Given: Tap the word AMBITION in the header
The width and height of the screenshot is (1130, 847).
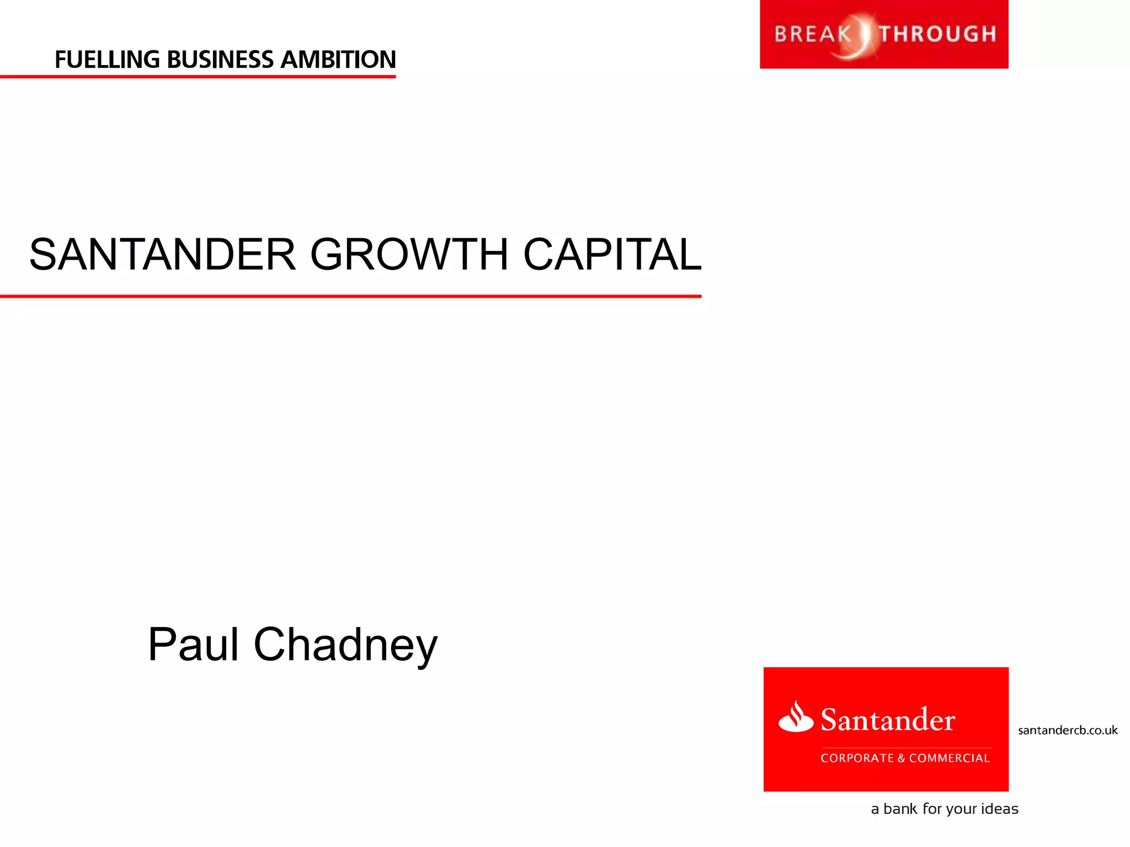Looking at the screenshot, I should click(x=338, y=60).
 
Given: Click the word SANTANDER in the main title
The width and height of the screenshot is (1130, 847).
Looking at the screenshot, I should click(x=163, y=254).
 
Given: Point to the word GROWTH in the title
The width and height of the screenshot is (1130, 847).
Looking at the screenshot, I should click(x=409, y=254).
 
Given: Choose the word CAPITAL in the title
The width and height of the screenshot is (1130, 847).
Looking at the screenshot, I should click(x=612, y=254).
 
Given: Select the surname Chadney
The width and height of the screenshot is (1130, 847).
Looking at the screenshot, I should click(x=345, y=645).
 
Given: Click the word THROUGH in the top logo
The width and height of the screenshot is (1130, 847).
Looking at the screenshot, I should click(x=938, y=34).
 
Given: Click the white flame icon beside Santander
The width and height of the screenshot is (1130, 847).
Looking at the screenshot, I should click(x=796, y=717).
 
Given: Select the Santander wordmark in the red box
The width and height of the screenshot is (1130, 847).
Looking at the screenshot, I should click(x=888, y=720).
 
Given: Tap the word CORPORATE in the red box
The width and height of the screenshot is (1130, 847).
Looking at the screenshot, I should click(x=857, y=758).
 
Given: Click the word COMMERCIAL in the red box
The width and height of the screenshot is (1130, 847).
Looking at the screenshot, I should click(x=949, y=758).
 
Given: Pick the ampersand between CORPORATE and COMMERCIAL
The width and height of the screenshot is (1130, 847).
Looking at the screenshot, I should click(x=901, y=758).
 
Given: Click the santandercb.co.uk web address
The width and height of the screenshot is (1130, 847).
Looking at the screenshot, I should click(x=1068, y=730).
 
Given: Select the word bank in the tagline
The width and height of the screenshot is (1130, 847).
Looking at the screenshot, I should click(x=900, y=809).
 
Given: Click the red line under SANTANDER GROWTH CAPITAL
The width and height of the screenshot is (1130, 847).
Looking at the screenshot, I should click(x=350, y=296).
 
